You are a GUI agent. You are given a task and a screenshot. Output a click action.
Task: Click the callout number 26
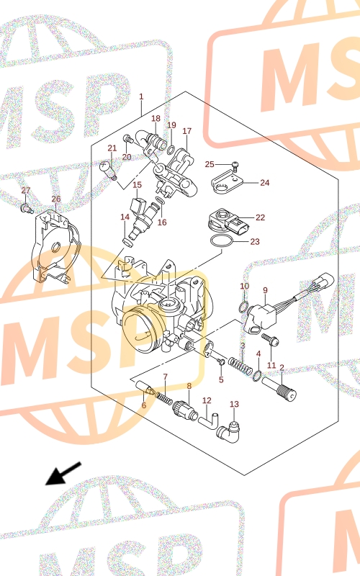(56, 199)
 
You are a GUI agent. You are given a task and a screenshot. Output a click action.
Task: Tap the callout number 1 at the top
(141, 96)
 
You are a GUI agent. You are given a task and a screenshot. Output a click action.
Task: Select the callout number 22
(260, 217)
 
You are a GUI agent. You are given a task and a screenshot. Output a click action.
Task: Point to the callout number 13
(235, 404)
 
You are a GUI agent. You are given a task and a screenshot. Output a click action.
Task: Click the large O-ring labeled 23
(222, 241)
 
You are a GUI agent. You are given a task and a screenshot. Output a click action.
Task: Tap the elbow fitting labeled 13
(228, 430)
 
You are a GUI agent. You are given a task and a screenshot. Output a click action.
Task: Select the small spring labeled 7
(164, 398)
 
